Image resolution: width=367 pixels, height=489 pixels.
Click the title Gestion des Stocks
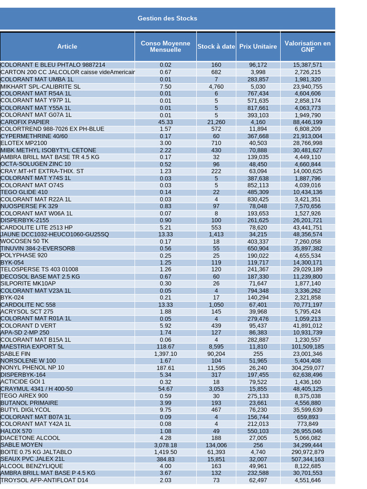[x=167, y=18]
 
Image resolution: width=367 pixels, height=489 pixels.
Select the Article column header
[x=67, y=46]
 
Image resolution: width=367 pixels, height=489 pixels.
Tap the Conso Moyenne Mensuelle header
[x=165, y=46]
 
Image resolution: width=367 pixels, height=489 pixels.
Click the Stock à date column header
[x=216, y=46]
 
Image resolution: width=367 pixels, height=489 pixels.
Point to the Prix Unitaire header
[x=258, y=46]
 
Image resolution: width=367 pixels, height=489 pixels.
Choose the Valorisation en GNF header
[x=307, y=46]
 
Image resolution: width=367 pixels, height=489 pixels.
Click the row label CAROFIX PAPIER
[x=25, y=122]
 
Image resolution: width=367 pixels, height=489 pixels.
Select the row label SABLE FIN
[x=15, y=354]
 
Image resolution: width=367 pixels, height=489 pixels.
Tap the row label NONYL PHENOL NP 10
[x=32, y=368]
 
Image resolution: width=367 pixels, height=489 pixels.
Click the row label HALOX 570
[x=16, y=431]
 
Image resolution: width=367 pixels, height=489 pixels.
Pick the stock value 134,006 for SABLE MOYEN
[x=216, y=445]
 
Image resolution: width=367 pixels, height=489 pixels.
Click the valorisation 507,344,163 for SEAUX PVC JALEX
[x=308, y=459]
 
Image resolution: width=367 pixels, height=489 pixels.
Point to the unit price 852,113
[x=258, y=185]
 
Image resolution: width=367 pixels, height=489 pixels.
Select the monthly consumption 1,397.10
[x=165, y=354]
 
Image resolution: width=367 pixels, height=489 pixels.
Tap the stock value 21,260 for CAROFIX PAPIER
[x=216, y=122]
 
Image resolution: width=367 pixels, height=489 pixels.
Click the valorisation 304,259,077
[x=308, y=368]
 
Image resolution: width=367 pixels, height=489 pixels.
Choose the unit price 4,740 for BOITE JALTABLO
[x=258, y=452]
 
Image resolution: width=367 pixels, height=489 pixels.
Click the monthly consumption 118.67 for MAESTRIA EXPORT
[x=165, y=347]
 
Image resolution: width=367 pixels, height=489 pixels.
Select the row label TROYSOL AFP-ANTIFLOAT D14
[x=44, y=480]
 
